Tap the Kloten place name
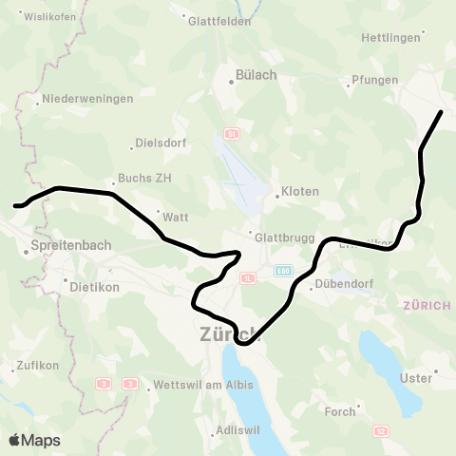tap(300, 191)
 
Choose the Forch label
tap(340, 411)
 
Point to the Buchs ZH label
tap(142, 178)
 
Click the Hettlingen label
tap(389, 38)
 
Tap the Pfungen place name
tap(374, 80)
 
